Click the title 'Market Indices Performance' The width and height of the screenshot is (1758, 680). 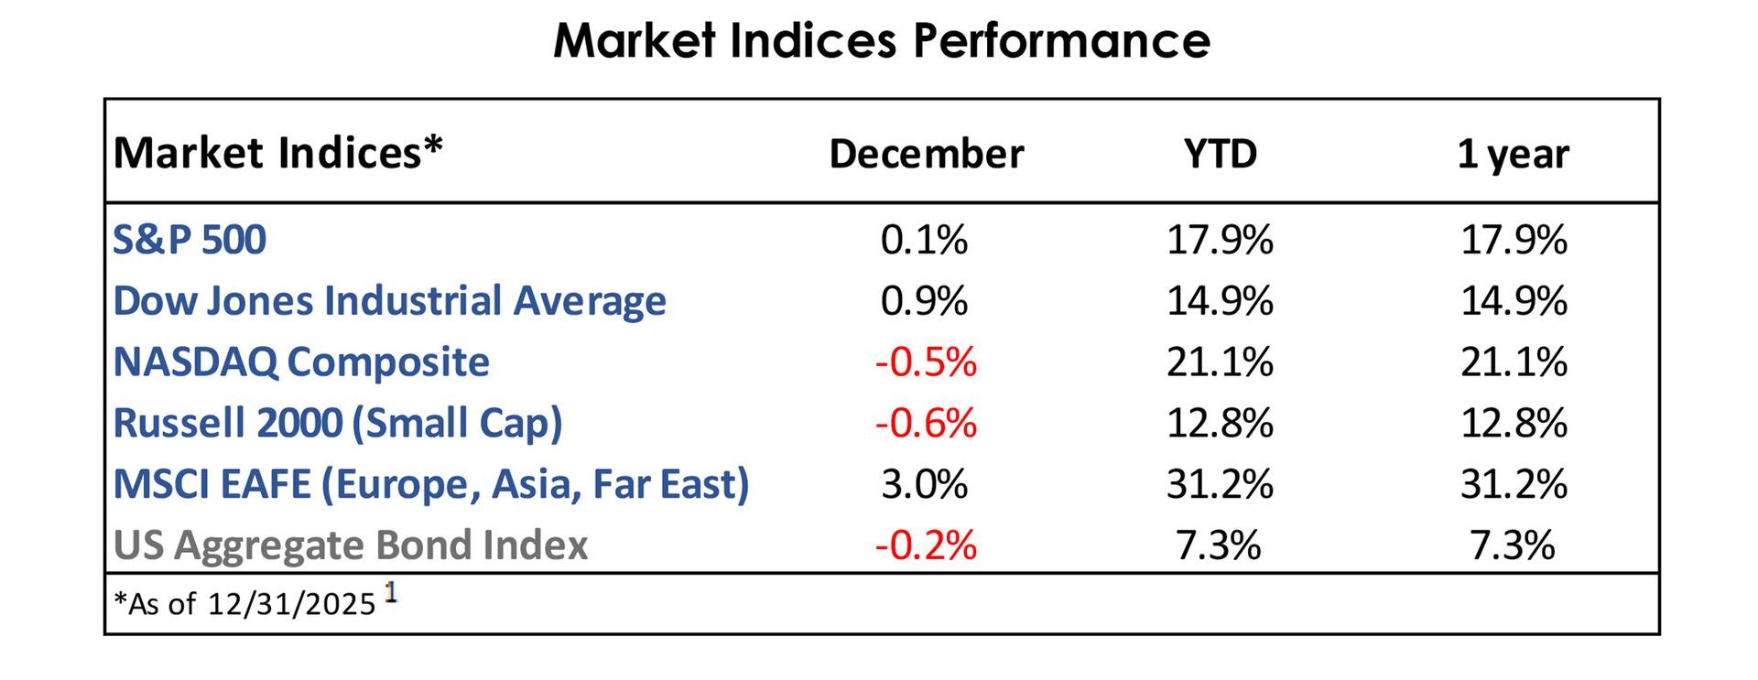click(881, 41)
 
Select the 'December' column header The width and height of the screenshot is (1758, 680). click(926, 154)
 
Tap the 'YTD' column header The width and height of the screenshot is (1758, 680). click(1220, 154)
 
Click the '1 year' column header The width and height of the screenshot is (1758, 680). click(1513, 154)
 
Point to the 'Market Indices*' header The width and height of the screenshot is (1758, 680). click(277, 152)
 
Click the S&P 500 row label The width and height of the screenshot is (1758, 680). click(190, 240)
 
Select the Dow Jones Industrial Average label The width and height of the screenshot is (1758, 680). click(389, 301)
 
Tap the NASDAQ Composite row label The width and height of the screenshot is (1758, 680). click(301, 362)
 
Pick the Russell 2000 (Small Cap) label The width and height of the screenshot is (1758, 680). click(337, 423)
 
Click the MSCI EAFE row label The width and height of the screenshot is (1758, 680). click(430, 484)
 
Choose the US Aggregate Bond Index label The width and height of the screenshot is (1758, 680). click(350, 545)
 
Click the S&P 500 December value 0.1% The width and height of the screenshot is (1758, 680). click(924, 240)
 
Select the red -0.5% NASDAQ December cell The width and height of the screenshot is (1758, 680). click(926, 362)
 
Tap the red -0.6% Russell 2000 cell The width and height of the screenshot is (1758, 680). click(926, 423)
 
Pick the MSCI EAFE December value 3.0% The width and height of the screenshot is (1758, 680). click(924, 484)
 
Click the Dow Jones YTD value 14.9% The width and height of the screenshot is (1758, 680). click(1220, 301)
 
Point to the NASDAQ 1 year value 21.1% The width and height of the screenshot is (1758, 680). click(1514, 362)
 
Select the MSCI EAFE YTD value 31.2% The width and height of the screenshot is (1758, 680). click(1220, 484)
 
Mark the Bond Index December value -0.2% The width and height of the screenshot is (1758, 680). click(926, 545)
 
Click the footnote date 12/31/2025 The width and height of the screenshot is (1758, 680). click(291, 604)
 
